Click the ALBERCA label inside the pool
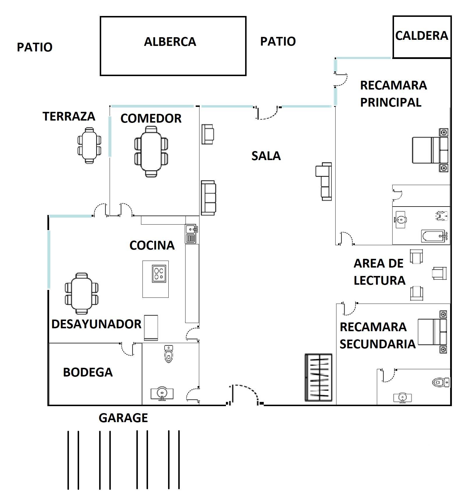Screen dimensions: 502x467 [170, 42]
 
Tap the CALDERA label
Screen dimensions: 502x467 [421, 36]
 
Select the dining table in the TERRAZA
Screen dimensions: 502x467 [90, 145]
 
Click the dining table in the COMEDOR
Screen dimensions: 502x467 [151, 151]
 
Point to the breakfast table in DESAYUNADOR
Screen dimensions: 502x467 [82, 293]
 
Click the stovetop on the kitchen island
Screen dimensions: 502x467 [159, 273]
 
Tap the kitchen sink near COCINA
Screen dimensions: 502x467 [191, 230]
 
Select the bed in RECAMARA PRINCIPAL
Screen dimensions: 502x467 [430, 150]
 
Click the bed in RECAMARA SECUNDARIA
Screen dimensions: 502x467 [432, 332]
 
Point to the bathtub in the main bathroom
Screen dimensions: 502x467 [434, 236]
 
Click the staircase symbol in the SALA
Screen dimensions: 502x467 [318, 377]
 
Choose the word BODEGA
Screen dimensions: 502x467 [88, 372]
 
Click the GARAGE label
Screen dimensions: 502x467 [123, 418]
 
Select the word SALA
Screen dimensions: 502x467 [266, 156]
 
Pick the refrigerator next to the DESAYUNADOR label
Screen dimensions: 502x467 [151, 328]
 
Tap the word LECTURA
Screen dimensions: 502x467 [379, 281]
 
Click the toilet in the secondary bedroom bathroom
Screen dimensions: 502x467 [441, 382]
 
